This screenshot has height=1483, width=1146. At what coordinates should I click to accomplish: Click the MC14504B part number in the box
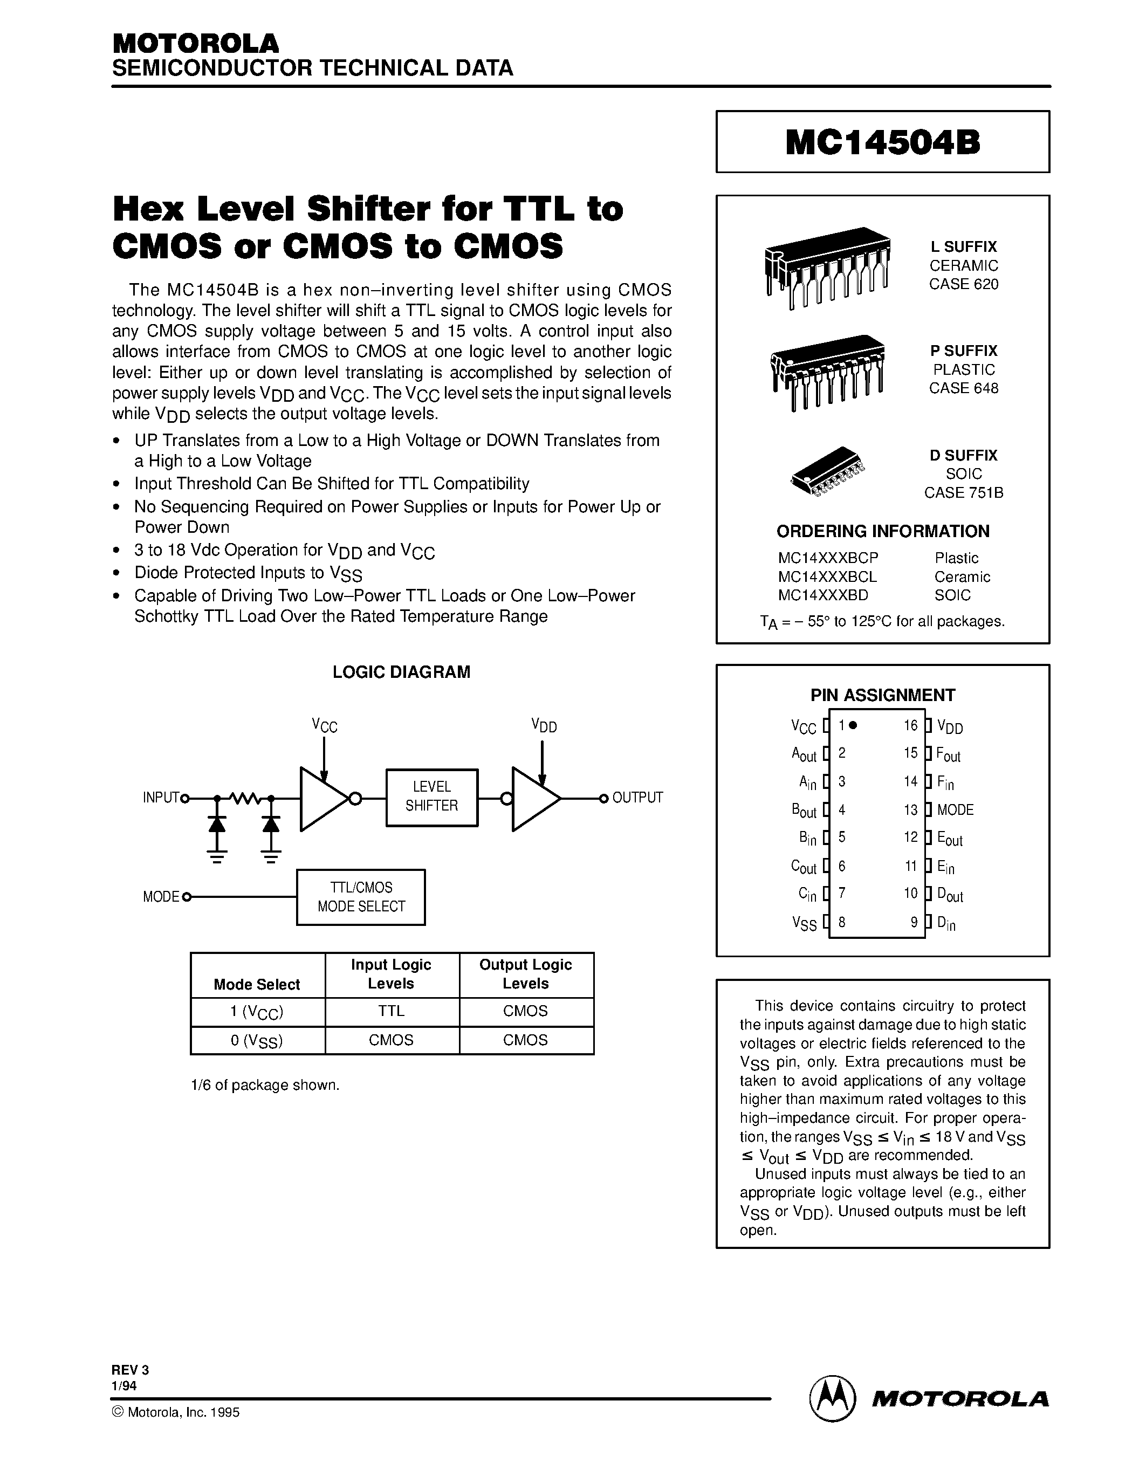[x=883, y=142]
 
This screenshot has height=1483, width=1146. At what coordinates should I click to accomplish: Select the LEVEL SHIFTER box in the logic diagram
[x=432, y=797]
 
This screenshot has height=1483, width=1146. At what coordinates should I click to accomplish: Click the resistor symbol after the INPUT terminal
[x=244, y=798]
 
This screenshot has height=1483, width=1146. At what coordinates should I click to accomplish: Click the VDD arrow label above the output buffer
[x=544, y=726]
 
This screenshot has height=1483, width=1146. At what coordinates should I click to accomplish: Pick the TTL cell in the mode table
[x=392, y=1011]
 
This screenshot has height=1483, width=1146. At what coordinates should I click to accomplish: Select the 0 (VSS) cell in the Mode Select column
[x=257, y=1040]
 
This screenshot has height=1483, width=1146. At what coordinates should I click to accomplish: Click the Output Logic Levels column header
[x=525, y=974]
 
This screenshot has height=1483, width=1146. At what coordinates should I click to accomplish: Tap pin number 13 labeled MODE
[x=910, y=809]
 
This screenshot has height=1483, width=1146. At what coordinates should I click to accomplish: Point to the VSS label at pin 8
[x=805, y=923]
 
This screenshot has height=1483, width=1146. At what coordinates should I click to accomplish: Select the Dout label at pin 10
[x=950, y=895]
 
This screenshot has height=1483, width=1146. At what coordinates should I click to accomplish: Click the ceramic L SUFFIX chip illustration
[x=827, y=266]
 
